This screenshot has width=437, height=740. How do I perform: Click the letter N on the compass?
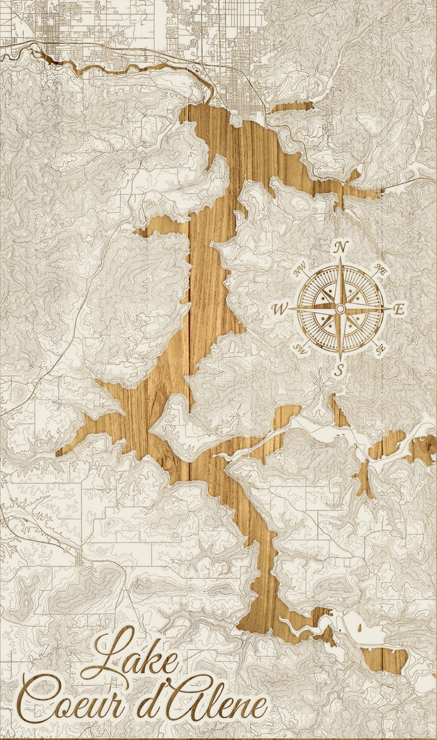coord(341,247)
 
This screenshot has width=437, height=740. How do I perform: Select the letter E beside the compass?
coord(399,309)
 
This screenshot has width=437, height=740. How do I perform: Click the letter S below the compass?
coord(340,369)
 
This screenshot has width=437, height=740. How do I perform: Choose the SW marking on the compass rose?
coord(300,348)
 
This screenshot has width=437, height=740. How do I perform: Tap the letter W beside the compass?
coord(279,309)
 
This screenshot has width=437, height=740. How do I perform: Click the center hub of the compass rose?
coord(340,309)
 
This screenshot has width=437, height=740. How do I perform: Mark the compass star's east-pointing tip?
coord(390,309)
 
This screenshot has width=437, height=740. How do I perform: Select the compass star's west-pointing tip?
coord(290,309)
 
